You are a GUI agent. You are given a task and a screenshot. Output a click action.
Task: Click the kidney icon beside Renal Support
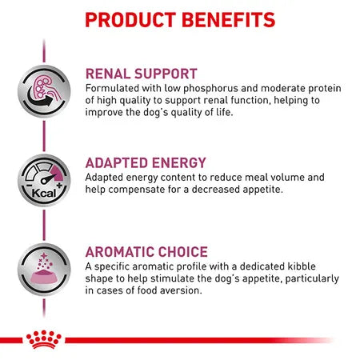(x=40, y=90)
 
